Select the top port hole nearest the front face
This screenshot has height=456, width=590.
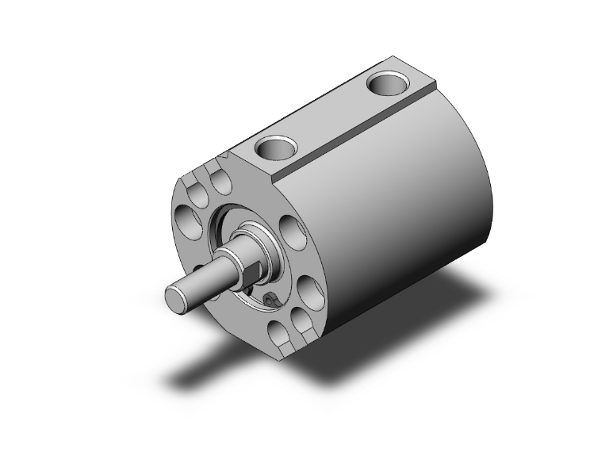point(278,147)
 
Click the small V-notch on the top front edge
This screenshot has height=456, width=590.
point(228,156)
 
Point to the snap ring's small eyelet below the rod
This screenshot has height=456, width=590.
point(270,301)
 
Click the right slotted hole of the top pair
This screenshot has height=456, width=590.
point(221,181)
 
